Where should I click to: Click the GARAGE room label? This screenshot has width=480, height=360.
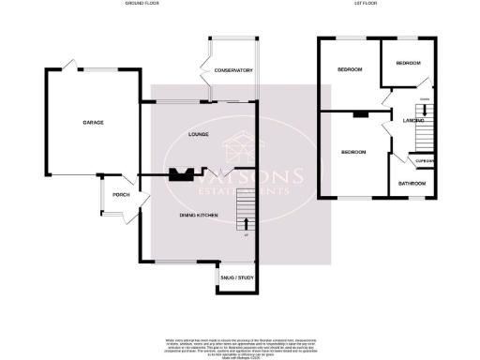click(x=92, y=123)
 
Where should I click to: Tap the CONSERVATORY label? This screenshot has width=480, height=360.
click(x=233, y=71)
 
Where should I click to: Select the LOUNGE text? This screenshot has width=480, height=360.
click(x=197, y=134)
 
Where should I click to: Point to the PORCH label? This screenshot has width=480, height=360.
click(x=120, y=195)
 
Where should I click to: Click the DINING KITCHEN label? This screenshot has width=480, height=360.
click(x=199, y=216)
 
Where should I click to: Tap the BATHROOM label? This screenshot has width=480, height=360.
click(x=411, y=183)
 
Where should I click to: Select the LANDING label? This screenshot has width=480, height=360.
click(x=414, y=120)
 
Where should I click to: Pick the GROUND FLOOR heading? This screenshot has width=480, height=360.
click(x=143, y=4)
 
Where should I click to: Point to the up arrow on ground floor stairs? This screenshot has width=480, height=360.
click(x=247, y=223)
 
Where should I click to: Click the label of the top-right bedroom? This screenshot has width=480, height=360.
click(x=408, y=63)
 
